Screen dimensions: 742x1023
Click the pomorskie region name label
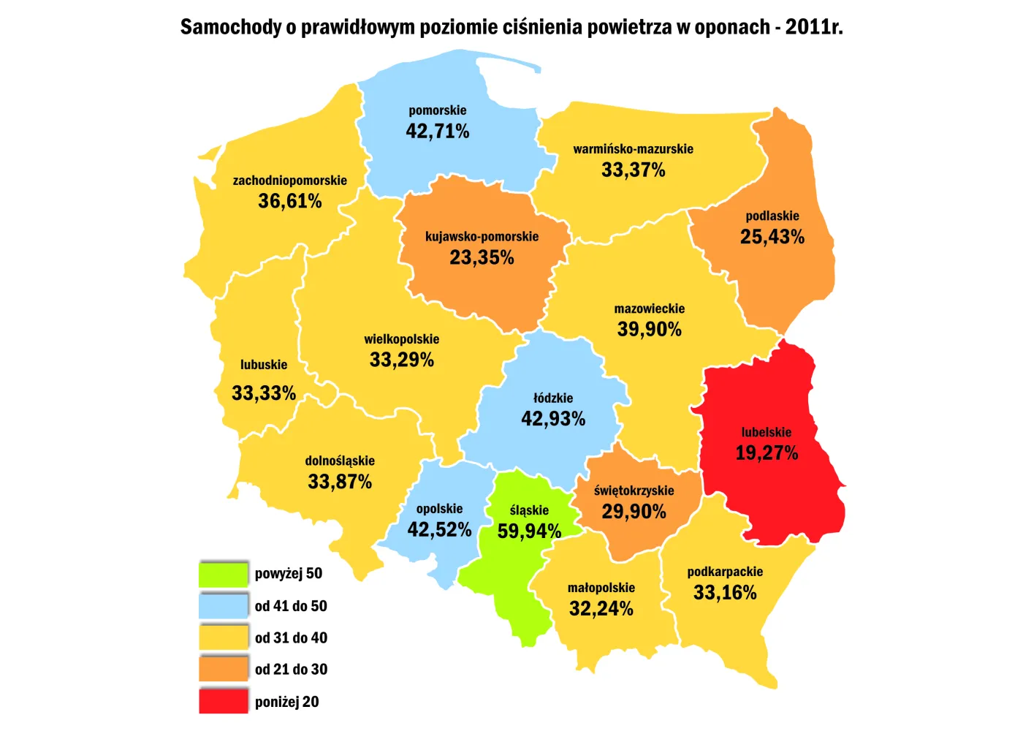(437, 110)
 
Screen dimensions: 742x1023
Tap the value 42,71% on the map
(437, 132)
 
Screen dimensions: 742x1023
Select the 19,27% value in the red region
(766, 453)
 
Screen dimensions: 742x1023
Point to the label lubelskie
(766, 432)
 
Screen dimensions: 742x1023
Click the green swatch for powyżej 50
(224, 574)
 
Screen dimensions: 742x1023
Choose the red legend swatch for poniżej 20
(224, 701)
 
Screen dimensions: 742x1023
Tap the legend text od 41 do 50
(291, 606)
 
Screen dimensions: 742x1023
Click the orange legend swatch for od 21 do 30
(224, 669)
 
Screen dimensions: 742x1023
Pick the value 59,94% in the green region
(529, 531)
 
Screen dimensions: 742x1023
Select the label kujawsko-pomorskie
(482, 237)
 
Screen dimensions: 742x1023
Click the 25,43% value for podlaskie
(772, 237)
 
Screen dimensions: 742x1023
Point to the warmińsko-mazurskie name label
(633, 149)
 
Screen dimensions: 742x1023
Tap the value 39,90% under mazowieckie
(649, 330)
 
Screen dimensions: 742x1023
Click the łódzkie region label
(553, 398)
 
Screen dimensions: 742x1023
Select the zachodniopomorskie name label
(289, 181)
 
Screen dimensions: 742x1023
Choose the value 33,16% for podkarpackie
(725, 593)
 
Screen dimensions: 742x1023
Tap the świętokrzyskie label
(634, 491)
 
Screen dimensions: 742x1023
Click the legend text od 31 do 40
(291, 637)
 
